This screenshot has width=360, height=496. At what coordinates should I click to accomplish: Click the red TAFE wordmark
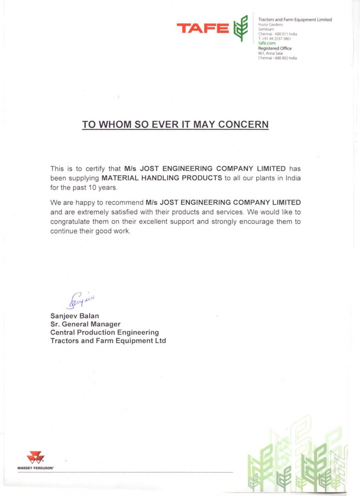click(203, 29)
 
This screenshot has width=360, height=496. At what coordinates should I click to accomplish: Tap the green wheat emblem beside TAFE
click(240, 28)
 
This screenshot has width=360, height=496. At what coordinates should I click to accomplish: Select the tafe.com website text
click(267, 44)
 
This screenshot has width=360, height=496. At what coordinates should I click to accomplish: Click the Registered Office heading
click(275, 48)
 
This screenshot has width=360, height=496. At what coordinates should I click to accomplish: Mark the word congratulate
click(74, 222)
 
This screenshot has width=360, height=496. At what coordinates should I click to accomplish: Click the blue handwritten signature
click(79, 300)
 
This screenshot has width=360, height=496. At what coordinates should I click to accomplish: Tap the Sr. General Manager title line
click(85, 325)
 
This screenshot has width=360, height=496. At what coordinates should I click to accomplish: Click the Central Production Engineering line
click(105, 333)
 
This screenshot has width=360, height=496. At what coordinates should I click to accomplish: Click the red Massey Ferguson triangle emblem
click(35, 457)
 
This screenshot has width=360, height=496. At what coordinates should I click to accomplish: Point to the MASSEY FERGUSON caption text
click(35, 468)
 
